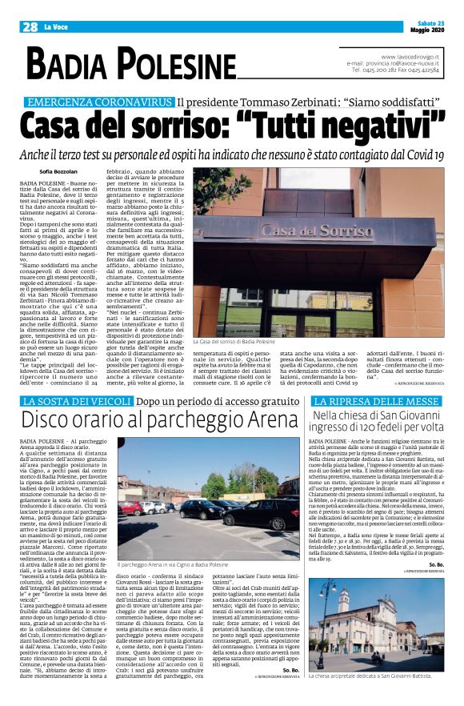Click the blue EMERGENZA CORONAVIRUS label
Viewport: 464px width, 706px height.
click(100, 102)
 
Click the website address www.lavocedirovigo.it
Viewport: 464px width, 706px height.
click(410, 56)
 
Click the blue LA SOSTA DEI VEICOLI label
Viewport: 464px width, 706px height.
click(73, 400)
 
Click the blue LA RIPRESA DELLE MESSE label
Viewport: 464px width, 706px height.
click(377, 400)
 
